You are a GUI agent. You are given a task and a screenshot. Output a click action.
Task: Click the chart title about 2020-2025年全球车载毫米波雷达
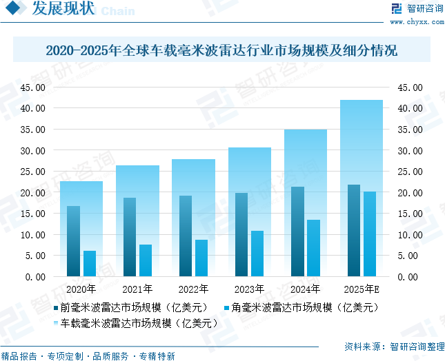[221, 50]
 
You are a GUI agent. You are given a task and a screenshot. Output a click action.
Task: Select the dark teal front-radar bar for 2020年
[73, 241]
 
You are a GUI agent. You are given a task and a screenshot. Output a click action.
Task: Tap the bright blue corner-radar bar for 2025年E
[370, 234]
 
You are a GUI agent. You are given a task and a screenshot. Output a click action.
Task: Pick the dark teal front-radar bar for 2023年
[241, 234]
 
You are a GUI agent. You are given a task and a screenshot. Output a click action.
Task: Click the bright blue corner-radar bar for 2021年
[146, 260]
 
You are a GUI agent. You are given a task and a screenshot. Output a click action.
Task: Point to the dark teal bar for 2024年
[297, 231]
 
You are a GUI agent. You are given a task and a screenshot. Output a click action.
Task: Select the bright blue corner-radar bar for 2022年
[201, 258]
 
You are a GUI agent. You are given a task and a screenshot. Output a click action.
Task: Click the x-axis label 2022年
[193, 289]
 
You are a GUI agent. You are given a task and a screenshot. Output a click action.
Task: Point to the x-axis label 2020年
[81, 289]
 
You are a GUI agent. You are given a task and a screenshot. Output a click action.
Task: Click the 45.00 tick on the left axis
[33, 87]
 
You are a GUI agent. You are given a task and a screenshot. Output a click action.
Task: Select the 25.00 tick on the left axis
[33, 172]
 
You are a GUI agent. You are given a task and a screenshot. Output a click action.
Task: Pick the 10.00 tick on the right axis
[408, 235]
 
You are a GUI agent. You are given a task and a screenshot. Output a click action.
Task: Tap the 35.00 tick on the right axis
[408, 130]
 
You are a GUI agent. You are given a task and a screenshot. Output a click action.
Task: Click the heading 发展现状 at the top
[63, 10]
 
